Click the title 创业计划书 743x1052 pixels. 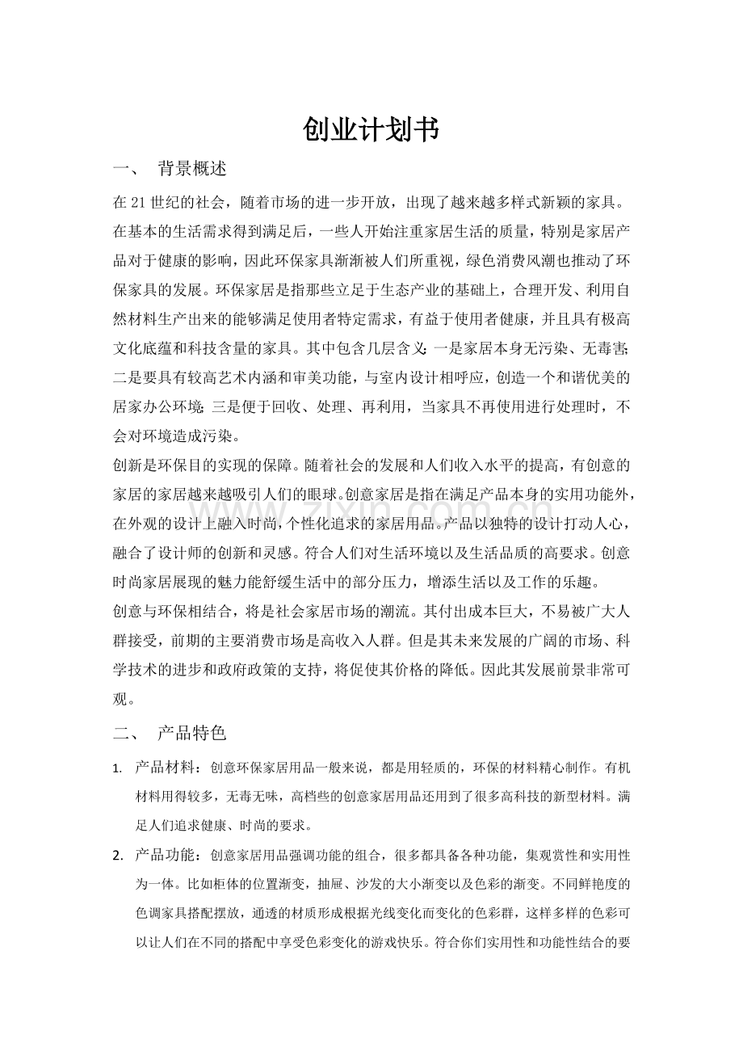[x=371, y=129]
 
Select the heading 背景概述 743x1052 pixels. [x=191, y=169]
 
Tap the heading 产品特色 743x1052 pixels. [x=191, y=734]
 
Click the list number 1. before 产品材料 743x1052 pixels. [x=118, y=768]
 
